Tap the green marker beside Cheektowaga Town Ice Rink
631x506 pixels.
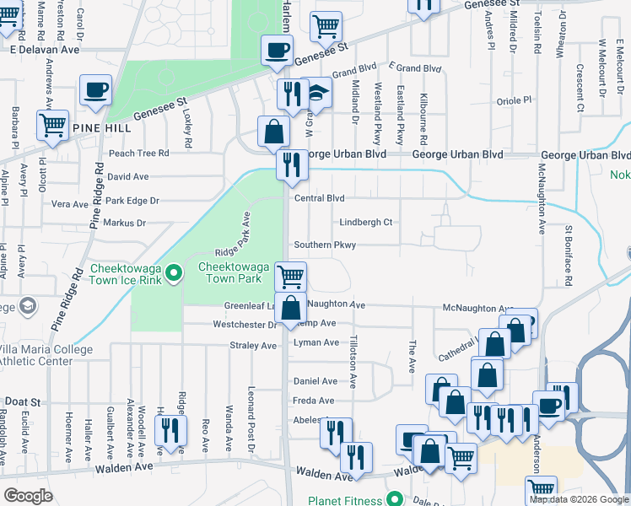pos(173,272)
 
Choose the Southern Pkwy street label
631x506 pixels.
pos(325,245)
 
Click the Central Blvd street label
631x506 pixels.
pos(320,199)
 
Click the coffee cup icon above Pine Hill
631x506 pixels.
pos(96,90)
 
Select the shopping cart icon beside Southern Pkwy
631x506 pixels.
pos(290,277)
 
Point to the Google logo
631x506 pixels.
pos(28,496)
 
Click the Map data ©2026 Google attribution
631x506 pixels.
pos(580,499)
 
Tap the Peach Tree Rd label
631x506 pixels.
pos(139,153)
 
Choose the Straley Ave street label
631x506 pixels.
pos(253,345)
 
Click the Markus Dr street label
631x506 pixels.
pos(124,223)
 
